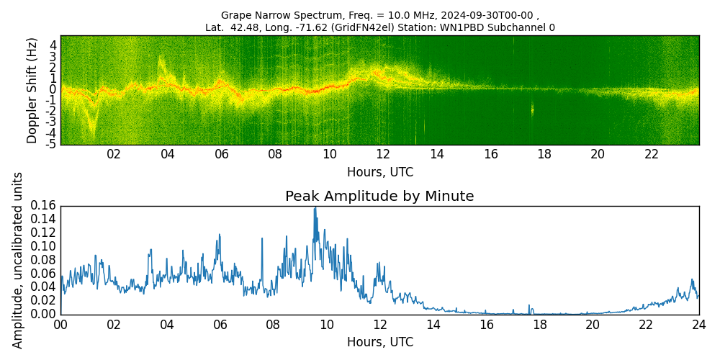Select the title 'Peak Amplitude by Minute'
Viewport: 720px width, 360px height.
tap(379, 197)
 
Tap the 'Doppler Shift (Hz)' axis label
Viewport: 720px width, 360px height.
tap(32, 90)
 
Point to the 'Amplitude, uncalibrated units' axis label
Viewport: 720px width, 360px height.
tap(18, 260)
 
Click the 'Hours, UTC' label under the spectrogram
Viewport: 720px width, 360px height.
tap(379, 173)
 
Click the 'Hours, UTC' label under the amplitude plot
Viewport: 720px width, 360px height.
tap(379, 343)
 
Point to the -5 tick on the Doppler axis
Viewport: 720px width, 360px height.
tap(53, 145)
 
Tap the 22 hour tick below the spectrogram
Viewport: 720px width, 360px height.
tap(652, 155)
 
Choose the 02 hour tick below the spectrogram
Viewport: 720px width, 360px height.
tap(114, 155)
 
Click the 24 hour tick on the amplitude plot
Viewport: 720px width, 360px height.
tap(698, 325)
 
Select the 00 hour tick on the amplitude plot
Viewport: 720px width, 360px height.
tap(60, 325)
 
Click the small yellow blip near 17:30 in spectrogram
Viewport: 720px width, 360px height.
tap(533, 109)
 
